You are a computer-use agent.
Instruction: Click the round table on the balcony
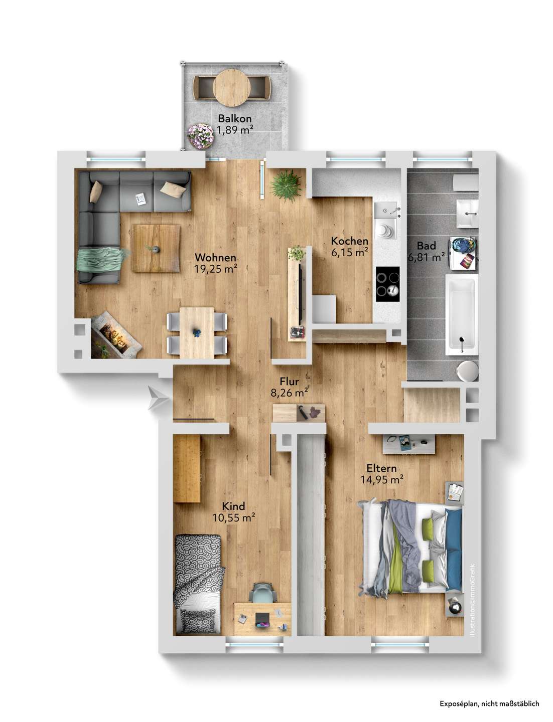232,88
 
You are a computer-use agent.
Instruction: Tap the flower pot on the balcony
200,136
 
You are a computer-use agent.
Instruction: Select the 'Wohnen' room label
216,257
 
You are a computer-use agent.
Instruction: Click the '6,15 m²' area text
350,253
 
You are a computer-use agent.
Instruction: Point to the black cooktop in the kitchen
388,284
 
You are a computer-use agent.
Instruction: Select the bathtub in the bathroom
462,315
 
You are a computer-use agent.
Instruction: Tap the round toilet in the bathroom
468,371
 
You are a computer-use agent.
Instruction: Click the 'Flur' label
290,381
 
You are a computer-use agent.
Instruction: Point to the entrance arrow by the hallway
158,398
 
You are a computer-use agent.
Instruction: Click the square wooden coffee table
156,248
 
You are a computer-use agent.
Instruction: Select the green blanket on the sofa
100,260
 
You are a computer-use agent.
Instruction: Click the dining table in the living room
197,332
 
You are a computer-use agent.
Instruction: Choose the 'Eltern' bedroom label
381,468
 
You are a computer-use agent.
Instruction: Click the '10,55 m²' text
234,518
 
